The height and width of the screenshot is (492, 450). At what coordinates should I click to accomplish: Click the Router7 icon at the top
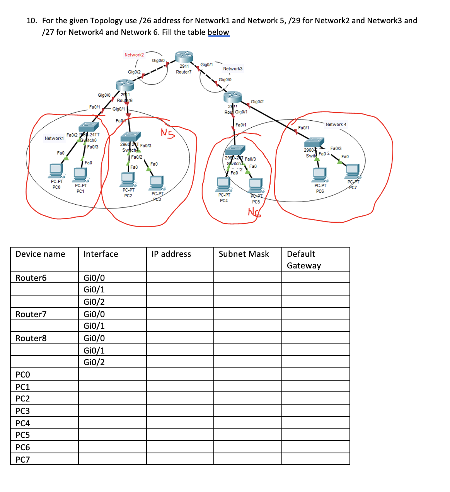[x=184, y=57]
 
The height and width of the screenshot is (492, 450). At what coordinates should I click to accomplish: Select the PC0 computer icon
[x=56, y=170]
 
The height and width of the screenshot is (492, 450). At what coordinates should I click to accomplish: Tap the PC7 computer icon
[x=352, y=171]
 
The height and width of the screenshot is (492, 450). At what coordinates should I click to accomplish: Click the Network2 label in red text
[x=134, y=55]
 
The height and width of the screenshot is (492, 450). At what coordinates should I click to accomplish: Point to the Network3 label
[x=233, y=68]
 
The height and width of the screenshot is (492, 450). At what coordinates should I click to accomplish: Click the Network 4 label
[x=336, y=125]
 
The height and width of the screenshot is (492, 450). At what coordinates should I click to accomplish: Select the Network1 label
[x=54, y=138]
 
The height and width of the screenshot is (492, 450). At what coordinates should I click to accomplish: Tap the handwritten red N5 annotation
[x=168, y=133]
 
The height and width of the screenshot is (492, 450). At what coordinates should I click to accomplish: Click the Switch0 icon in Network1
[x=89, y=127]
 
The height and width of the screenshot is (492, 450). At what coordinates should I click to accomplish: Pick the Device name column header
[x=40, y=254]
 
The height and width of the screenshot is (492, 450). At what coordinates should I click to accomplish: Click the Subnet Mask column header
[x=244, y=254]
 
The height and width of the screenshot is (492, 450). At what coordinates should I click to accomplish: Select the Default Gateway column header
[x=304, y=260]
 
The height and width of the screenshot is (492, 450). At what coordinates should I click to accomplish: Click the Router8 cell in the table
[x=31, y=338]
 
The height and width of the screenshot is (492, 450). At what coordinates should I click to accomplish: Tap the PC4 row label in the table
[x=23, y=423]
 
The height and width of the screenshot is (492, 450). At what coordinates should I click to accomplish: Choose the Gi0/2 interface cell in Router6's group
[x=94, y=302]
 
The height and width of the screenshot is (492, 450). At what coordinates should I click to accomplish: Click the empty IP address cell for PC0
[x=180, y=374]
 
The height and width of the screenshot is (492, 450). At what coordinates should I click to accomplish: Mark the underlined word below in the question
[x=218, y=32]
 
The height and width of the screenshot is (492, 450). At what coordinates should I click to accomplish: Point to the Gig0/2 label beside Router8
[x=257, y=102]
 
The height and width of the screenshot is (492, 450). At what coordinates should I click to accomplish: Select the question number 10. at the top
[x=32, y=20]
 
